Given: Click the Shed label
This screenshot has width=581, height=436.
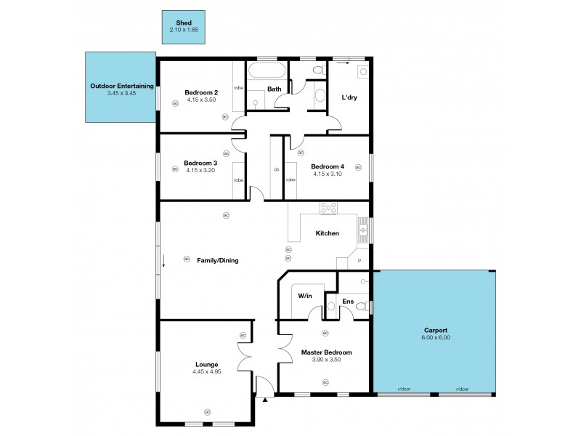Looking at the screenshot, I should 183,23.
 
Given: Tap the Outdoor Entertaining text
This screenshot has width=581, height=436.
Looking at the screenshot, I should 121,86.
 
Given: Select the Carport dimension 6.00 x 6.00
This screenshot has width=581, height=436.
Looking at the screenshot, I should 436,338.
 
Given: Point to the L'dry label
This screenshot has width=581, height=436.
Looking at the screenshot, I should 349,97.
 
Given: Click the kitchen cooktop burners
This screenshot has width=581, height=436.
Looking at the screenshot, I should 328,209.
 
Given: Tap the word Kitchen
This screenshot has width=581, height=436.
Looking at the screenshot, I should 327,233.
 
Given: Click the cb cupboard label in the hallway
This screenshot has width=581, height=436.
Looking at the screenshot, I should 276,171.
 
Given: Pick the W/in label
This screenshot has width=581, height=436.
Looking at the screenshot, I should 305,295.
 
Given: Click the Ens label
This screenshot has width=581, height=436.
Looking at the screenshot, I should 348,300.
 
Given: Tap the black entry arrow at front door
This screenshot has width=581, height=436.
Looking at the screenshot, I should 265,399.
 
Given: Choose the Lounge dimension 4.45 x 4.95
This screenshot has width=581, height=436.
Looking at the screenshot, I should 206,372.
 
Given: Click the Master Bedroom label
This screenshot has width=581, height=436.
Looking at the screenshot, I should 321,352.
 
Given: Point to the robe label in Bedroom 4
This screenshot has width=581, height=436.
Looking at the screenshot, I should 290,179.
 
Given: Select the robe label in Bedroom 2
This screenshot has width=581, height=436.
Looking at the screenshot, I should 237,88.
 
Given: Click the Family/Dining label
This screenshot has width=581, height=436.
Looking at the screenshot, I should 218,260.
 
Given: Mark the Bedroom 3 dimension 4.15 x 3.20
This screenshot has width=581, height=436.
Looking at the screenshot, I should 201,170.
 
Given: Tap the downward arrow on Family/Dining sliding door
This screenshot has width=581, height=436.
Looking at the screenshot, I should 164,260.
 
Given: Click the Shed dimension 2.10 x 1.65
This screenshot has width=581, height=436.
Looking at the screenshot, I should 183,30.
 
